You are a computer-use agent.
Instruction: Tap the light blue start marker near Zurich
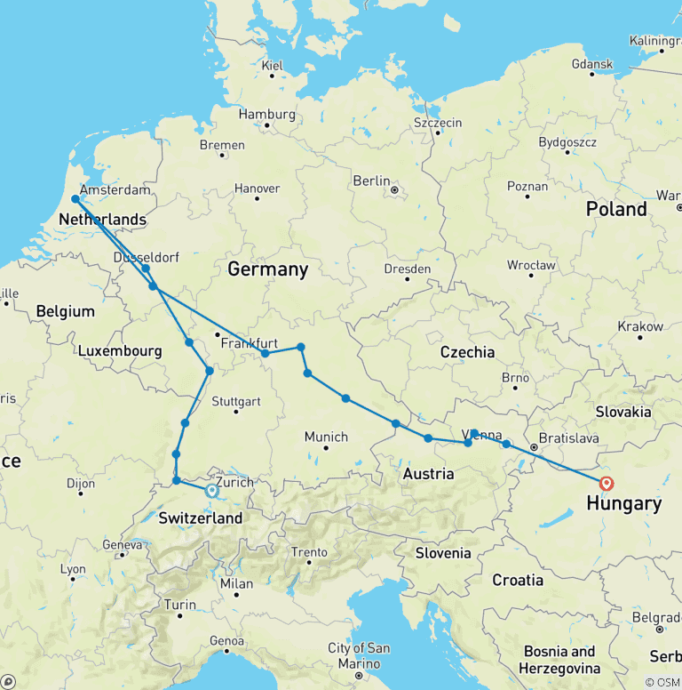click(x=212, y=490)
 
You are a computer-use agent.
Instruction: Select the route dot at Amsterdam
click(x=75, y=199)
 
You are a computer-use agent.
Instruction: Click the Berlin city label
click(x=372, y=181)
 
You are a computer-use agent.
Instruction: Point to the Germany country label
click(x=267, y=269)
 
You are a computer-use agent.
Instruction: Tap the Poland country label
click(x=616, y=209)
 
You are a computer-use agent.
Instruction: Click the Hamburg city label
click(x=266, y=114)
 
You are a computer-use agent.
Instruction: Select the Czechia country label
click(x=467, y=352)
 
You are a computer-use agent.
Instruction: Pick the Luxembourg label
click(x=120, y=351)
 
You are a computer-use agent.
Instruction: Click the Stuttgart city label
click(x=236, y=401)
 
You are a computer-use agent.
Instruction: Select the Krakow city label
click(x=640, y=326)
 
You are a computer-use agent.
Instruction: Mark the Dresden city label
click(x=408, y=269)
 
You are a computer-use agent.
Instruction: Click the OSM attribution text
click(x=662, y=682)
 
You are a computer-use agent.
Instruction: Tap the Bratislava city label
click(x=570, y=439)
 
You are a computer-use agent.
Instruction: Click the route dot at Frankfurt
click(x=265, y=353)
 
